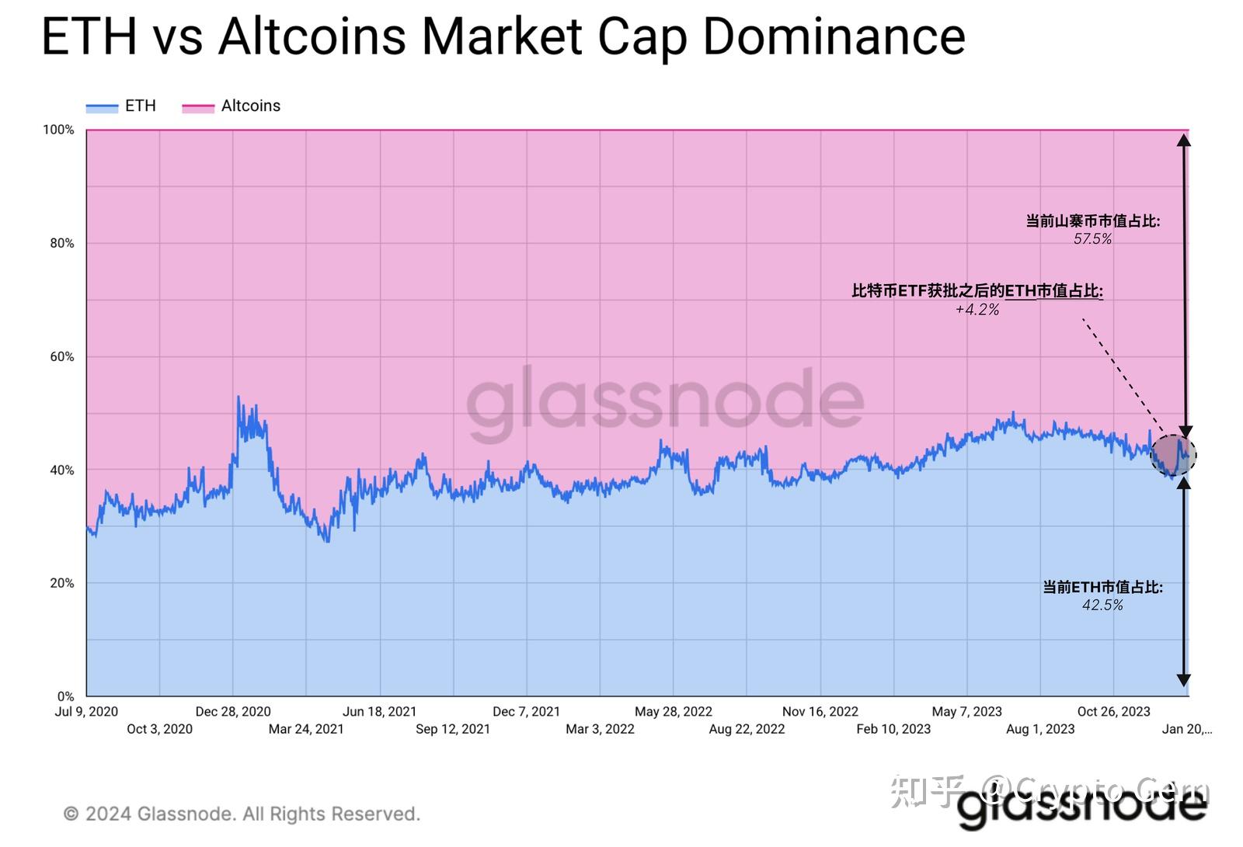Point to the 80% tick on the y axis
61,243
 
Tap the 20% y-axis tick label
61,583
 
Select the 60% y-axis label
61,356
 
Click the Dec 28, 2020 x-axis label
233,711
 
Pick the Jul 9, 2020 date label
86,711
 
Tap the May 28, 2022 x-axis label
673,711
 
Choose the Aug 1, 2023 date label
1040,729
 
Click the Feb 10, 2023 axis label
893,729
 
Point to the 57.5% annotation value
1092,239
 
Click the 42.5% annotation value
1102,606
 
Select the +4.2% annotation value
977,310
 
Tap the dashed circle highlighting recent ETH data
1173,455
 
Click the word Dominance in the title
834,36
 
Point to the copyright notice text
242,814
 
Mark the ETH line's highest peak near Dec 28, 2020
238,397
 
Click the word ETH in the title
88,36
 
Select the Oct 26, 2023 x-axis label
1113,711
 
